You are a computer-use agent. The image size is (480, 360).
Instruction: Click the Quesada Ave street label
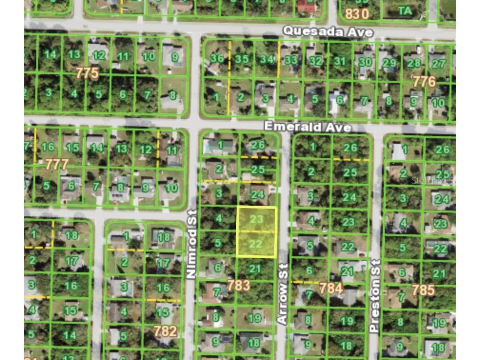[x=328, y=31]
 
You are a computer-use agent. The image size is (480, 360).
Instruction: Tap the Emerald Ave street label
[x=308, y=127]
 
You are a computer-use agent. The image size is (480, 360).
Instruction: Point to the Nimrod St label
[x=192, y=244]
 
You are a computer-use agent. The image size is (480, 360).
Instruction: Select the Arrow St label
[x=282, y=294]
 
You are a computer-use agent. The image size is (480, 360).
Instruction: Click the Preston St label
[x=375, y=296]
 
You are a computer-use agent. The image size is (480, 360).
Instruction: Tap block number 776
[x=424, y=81]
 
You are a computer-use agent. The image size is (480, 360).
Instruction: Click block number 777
[x=57, y=165]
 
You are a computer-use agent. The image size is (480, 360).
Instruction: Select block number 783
[x=238, y=285]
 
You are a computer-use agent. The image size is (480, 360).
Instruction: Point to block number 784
[x=331, y=288]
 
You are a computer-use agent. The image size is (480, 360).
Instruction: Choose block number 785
[x=423, y=290]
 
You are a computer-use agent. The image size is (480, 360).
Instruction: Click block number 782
[x=165, y=330]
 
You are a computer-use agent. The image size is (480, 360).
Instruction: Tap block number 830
[x=357, y=14]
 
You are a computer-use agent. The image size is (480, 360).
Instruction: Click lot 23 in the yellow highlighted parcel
[x=256, y=219]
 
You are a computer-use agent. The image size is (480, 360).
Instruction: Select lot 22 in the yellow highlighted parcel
[x=256, y=244]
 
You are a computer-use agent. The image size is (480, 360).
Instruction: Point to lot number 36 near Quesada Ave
[x=217, y=59]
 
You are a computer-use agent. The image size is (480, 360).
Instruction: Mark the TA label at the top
[x=405, y=10]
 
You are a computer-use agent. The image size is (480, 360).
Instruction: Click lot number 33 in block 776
[x=290, y=60]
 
